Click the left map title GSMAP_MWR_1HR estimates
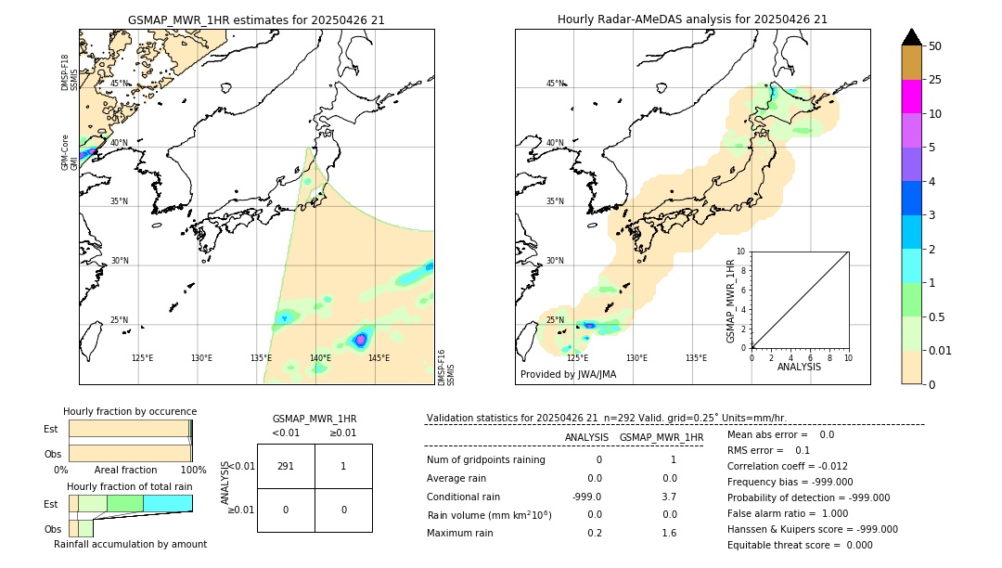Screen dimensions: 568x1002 point(256,19)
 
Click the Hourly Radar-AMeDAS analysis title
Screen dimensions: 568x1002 point(692,19)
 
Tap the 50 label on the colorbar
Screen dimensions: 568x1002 point(935,46)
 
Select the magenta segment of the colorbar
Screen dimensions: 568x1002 point(911,97)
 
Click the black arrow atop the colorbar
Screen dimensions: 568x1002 point(911,37)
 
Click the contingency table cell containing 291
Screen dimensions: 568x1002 point(286,466)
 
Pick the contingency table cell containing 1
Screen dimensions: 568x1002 point(343,466)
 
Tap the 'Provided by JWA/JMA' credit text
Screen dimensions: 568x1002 point(568,375)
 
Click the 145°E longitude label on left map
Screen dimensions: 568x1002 point(379,358)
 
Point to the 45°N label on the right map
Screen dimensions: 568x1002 point(555,84)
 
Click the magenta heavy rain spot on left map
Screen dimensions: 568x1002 point(361,340)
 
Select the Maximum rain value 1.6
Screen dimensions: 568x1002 point(669,533)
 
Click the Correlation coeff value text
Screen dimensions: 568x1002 point(787,466)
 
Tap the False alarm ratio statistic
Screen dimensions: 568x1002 point(787,513)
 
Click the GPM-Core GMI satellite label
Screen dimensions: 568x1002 point(66,152)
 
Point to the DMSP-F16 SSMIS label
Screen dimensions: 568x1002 point(445,368)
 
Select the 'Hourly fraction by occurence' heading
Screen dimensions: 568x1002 point(130,411)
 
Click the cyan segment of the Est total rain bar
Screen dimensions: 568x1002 point(167,503)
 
